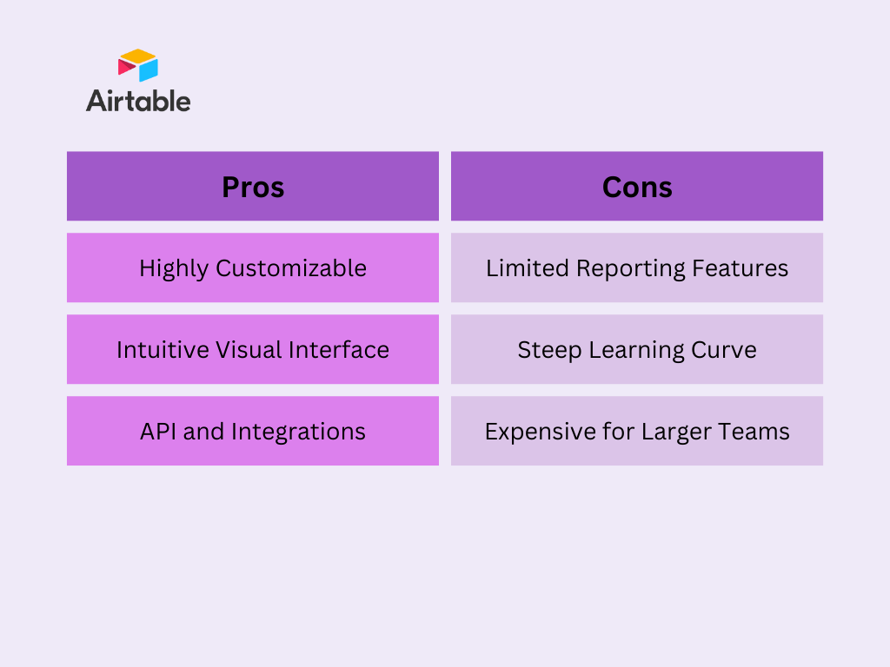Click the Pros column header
pos(253,186)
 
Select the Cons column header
pos(637,186)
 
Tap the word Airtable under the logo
pos(138,101)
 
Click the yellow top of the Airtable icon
pos(137,56)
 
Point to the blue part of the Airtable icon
pos(149,70)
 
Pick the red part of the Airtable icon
pos(126,67)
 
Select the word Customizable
pos(291,268)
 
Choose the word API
pos(158,432)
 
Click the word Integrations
pos(299,432)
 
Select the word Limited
pos(528,268)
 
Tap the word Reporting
pos(631,268)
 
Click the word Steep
pos(549,351)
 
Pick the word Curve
pos(724,351)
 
